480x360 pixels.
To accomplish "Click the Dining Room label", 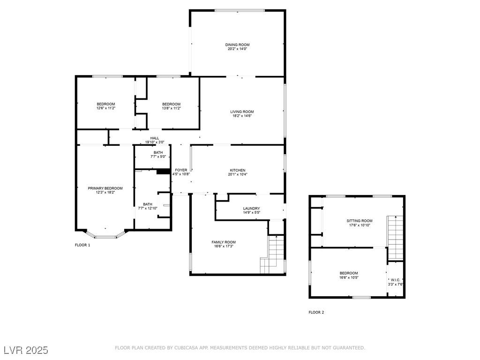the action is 237,45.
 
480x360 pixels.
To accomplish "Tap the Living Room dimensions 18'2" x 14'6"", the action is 242,116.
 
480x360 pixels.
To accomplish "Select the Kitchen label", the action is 238,170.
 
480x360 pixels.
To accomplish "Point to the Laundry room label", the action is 251,209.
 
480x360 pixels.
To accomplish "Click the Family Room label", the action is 224,242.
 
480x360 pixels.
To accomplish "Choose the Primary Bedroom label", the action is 105,188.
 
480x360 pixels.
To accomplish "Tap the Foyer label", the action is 181,170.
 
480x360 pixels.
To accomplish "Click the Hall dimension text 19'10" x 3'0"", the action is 155,142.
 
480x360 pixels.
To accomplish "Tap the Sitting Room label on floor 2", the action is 360,221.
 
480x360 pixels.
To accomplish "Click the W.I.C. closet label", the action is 396,280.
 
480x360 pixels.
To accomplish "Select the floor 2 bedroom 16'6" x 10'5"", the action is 349,273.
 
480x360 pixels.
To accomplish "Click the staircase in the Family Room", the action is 272,255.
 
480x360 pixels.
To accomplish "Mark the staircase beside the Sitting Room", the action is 396,238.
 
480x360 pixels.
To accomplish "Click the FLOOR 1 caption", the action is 82,245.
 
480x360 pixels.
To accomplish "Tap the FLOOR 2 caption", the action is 316,312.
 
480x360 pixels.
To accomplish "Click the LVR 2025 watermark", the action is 26,350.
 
